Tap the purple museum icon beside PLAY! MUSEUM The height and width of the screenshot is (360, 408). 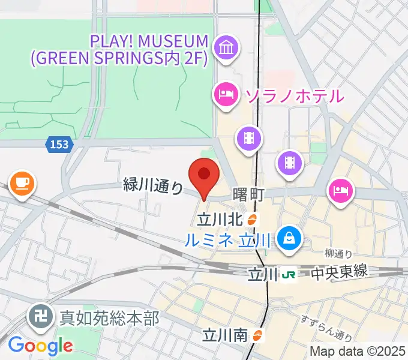pyautogui.click(x=227, y=48)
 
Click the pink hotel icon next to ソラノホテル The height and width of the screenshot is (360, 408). pyautogui.click(x=226, y=94)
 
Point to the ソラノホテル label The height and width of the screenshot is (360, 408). pyautogui.click(x=293, y=95)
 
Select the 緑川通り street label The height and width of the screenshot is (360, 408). pyautogui.click(x=153, y=186)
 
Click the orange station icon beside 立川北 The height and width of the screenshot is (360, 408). pyautogui.click(x=253, y=220)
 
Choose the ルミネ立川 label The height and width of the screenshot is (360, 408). pyautogui.click(x=229, y=239)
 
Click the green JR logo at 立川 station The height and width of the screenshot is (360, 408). pyautogui.click(x=289, y=275)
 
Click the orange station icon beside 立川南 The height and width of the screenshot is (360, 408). pyautogui.click(x=258, y=335)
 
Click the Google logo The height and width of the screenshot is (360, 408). pyautogui.click(x=41, y=346)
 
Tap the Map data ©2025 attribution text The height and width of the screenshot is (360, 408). pyautogui.click(x=358, y=351)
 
